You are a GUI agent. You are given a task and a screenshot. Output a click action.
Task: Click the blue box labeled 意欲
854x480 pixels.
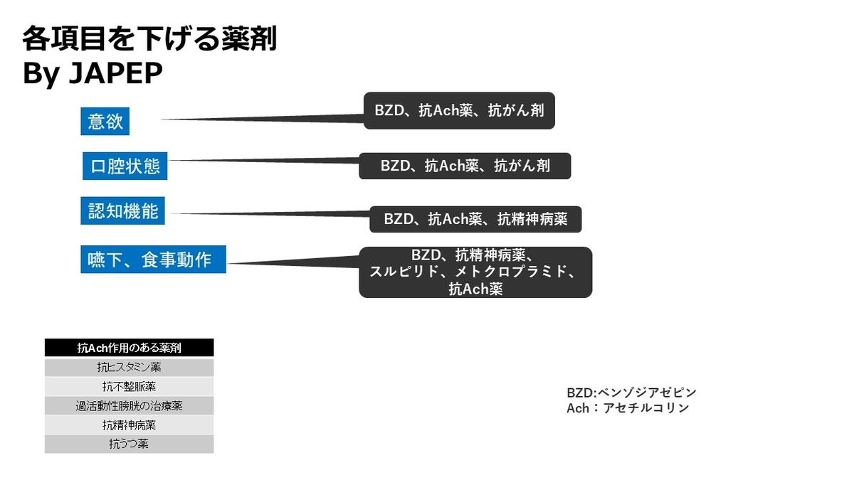click(x=105, y=122)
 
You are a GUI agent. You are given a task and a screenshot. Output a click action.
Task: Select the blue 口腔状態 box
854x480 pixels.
click(x=125, y=166)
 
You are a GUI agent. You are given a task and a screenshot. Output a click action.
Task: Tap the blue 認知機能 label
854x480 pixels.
click(x=123, y=210)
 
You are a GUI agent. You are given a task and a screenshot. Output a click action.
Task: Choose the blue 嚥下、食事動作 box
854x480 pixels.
click(x=153, y=260)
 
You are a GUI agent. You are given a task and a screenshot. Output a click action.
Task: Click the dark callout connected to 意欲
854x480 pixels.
click(x=459, y=111)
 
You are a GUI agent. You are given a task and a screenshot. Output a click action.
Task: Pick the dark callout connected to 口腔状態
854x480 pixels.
click(x=465, y=166)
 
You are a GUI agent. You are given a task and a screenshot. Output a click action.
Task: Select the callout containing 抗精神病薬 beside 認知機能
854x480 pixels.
click(x=475, y=219)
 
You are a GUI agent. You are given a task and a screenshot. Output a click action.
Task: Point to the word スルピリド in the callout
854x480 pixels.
click(x=400, y=272)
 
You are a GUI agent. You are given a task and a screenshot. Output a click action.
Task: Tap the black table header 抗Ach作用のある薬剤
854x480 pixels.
click(x=129, y=348)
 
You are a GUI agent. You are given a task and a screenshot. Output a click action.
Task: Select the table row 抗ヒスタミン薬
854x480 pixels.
click(x=129, y=368)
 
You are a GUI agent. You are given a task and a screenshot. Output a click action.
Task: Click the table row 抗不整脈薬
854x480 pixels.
click(x=129, y=387)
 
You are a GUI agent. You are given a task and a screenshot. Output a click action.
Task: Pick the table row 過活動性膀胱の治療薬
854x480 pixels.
click(x=129, y=406)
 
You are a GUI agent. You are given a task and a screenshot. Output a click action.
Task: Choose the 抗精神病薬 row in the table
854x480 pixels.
click(x=129, y=425)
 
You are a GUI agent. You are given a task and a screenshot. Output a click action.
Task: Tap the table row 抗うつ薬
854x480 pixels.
click(x=129, y=444)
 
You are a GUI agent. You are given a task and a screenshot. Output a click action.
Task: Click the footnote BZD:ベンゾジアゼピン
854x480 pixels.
click(x=631, y=393)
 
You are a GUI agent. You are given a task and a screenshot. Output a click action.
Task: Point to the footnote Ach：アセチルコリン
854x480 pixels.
click(x=628, y=408)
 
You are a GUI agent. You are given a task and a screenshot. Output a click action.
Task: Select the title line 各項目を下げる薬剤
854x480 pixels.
click(x=149, y=39)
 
